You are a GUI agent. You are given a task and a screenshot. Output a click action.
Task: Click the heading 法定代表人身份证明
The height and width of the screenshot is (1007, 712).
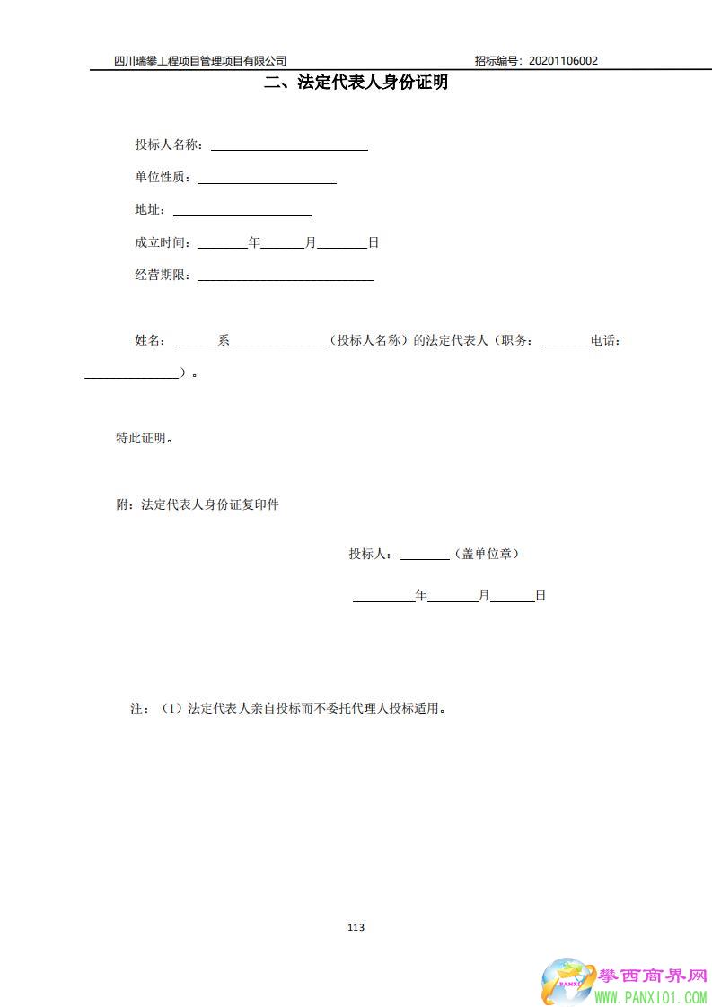[356, 83]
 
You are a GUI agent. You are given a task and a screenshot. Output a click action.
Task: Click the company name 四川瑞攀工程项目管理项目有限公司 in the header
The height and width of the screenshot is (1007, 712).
[200, 61]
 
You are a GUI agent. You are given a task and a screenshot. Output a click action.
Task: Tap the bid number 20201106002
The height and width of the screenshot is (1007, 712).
[563, 61]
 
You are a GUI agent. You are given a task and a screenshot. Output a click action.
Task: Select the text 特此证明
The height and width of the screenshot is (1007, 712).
[144, 439]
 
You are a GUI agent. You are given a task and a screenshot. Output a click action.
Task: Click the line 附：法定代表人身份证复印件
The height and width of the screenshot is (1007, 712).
[198, 504]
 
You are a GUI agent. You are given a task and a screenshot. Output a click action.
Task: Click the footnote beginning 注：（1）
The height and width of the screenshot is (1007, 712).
[288, 708]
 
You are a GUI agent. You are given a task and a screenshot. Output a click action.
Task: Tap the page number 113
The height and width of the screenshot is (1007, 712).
[356, 927]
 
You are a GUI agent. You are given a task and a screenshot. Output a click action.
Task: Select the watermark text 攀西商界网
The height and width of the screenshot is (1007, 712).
[654, 976]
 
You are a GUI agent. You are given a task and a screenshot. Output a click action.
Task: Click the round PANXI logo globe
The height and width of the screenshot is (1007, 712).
[566, 980]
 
